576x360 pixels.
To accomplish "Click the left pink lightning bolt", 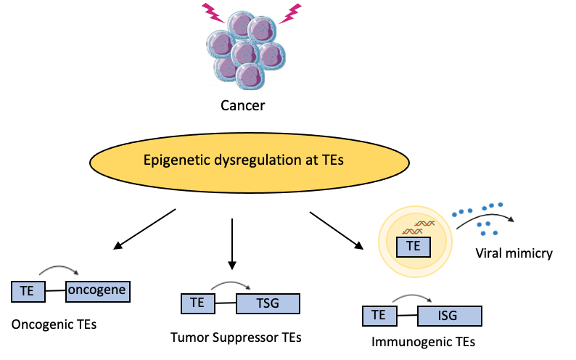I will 213,13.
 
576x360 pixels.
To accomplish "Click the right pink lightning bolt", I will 290,13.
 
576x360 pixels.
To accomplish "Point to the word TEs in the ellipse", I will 331,160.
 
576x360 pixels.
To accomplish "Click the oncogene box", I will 97,292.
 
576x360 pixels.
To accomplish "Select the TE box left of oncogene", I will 28,292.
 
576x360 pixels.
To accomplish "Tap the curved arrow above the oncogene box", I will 59,271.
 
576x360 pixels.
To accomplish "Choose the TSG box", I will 268,303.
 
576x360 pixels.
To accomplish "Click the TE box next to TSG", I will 197,303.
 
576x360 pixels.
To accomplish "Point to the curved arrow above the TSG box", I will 230,286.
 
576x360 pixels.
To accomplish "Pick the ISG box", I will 449,316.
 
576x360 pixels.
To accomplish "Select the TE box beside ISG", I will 379,316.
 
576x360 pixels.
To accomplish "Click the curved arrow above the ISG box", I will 411,298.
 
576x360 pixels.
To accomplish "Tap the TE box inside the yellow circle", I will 414,247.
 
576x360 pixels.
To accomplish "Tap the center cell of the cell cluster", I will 244,53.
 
